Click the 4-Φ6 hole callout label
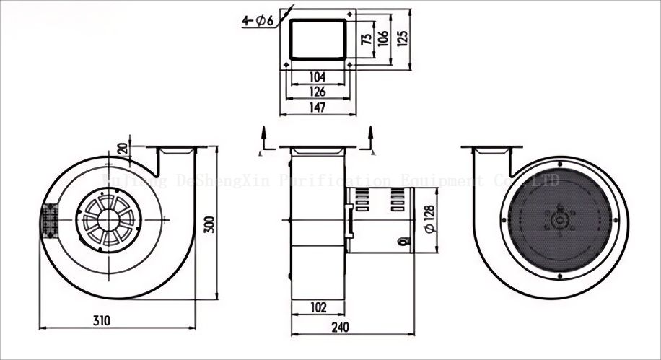point(258,20)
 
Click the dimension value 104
point(317,76)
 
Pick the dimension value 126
point(317,92)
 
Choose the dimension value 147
point(317,107)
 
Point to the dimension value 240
point(340,327)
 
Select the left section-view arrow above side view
point(264,140)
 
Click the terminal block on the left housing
point(49,221)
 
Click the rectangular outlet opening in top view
point(318,40)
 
